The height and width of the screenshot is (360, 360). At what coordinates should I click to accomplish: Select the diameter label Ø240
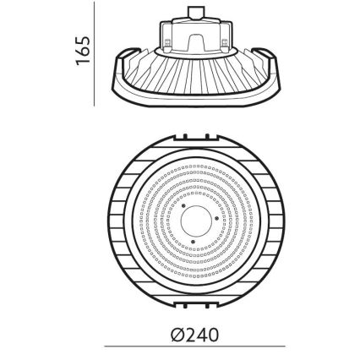[194, 335]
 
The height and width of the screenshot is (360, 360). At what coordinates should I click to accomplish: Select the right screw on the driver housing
[223, 41]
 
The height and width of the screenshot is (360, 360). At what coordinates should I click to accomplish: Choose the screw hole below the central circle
[194, 243]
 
